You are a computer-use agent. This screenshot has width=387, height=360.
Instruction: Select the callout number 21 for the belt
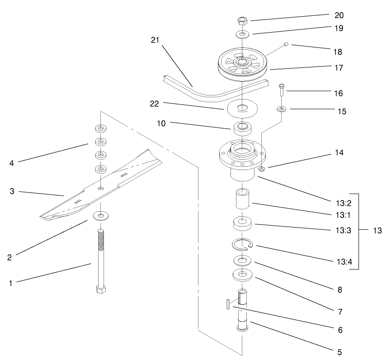tap(156, 40)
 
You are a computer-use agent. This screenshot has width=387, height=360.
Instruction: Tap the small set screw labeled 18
tap(286, 44)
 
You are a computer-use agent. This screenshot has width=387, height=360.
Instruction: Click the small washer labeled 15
tap(282, 109)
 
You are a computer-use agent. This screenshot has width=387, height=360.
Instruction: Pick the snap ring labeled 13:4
tap(243, 245)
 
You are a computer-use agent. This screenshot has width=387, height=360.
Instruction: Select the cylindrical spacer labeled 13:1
tap(243, 199)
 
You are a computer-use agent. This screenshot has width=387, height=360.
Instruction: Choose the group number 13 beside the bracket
tap(377, 231)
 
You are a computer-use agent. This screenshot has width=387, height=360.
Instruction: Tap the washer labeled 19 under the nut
tap(243, 34)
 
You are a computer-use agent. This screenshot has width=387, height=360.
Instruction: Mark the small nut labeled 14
tap(263, 169)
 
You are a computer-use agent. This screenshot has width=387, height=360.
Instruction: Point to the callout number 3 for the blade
tap(13, 191)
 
